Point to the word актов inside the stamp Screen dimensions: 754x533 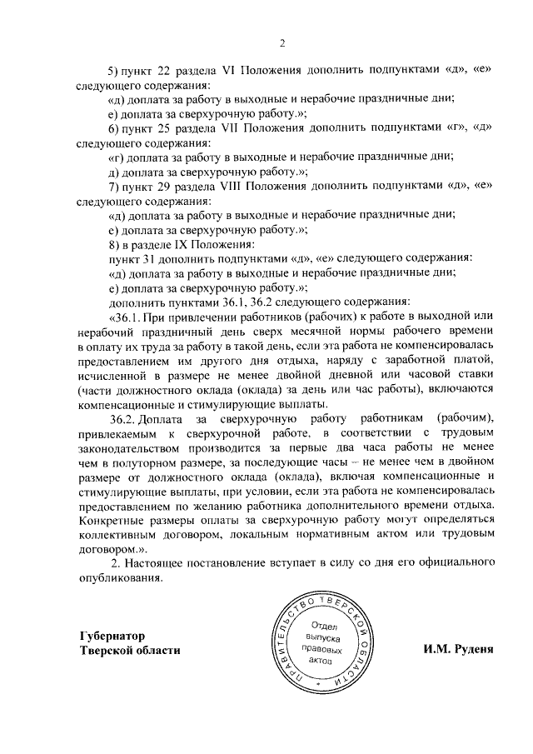tap(320, 660)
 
